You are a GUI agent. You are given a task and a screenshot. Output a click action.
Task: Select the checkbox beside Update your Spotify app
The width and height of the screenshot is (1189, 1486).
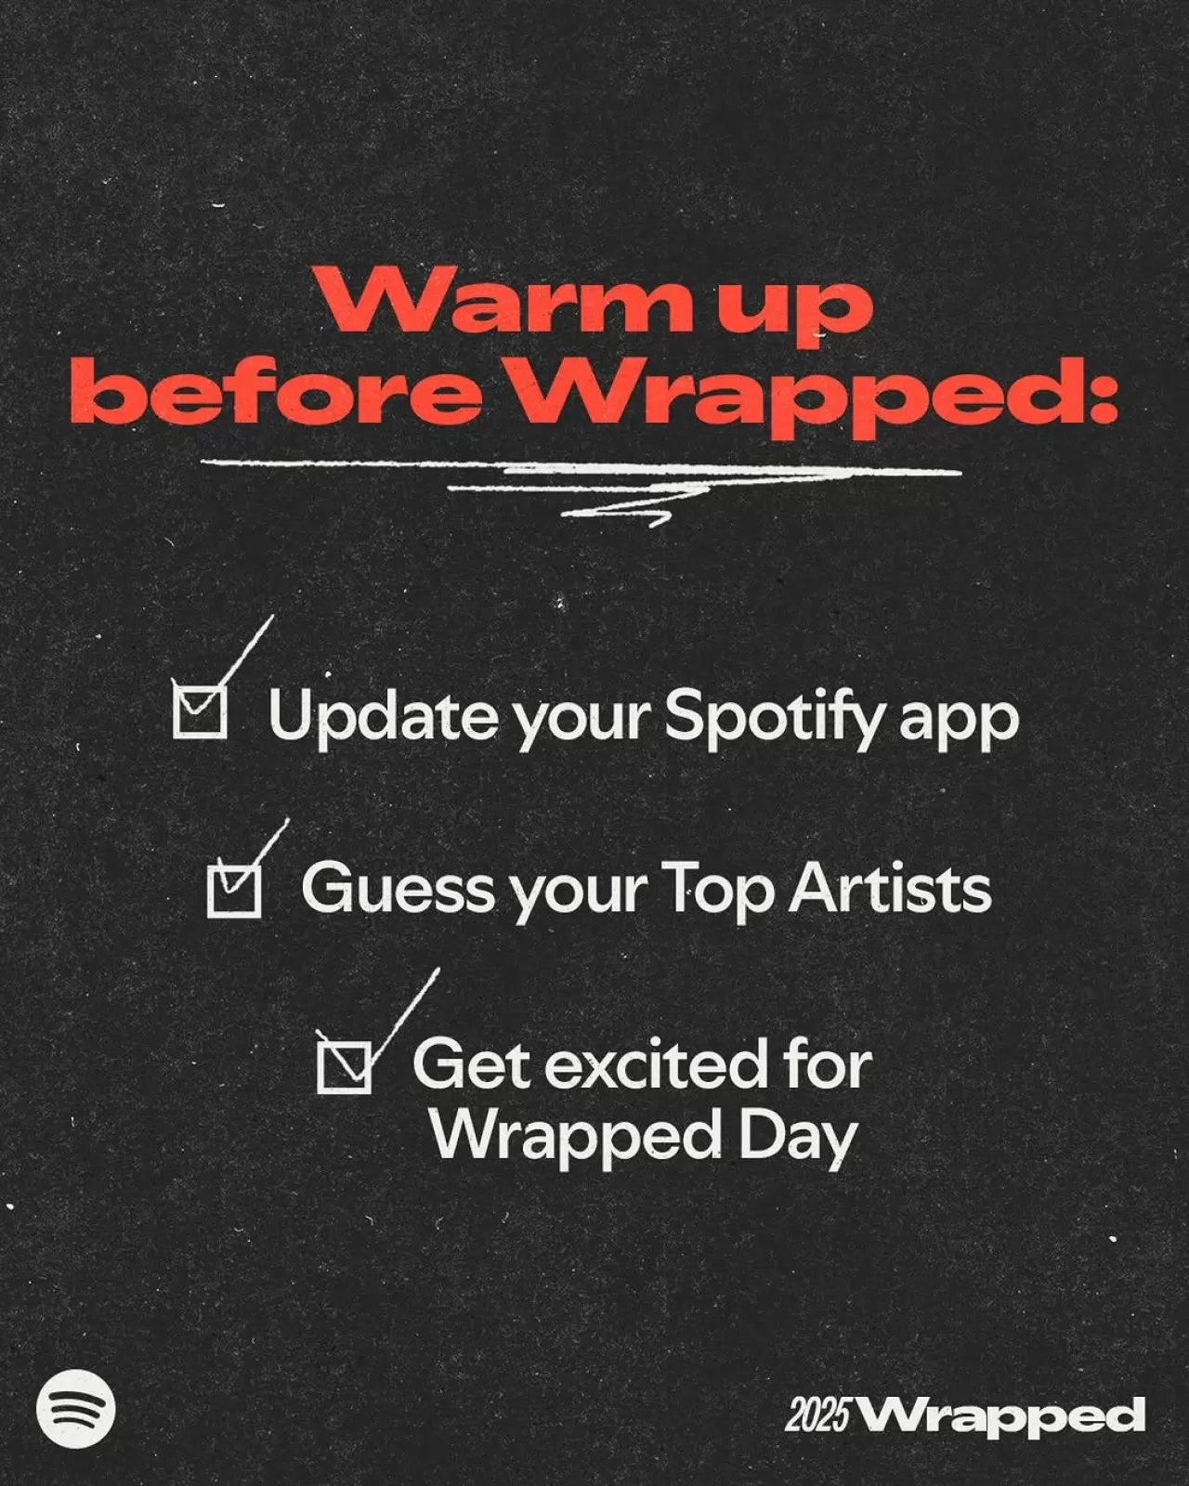200,712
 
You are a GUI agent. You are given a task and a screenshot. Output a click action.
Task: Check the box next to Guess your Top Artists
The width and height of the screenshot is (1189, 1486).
233,891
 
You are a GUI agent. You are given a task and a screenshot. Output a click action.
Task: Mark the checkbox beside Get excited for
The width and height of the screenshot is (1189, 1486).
344,1064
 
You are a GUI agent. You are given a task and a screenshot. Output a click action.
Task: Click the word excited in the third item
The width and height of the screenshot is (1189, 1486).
650,1064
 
